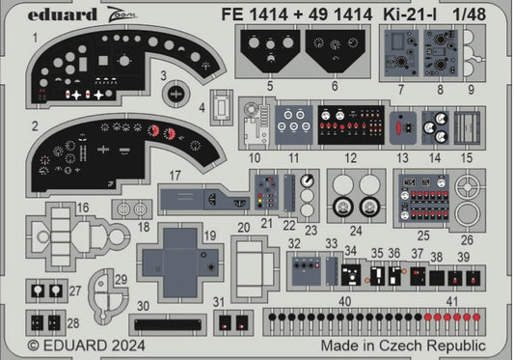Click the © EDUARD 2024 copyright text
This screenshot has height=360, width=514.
pyautogui.click(x=73, y=344)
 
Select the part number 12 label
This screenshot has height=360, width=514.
pyautogui.click(x=352, y=157)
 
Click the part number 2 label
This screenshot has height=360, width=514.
pyautogui.click(x=35, y=126)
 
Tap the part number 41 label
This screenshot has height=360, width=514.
pyautogui.click(x=452, y=300)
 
